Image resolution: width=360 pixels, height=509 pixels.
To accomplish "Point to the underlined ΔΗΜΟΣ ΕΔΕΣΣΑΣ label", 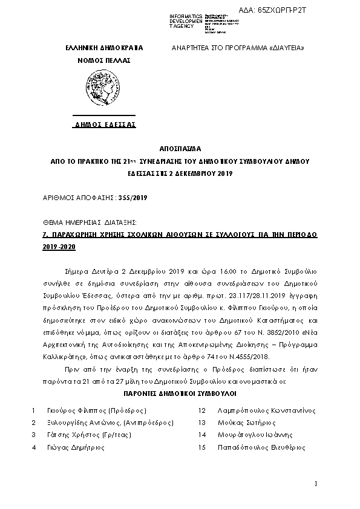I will click(x=105, y=125).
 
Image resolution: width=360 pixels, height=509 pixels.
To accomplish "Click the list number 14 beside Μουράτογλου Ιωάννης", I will click(x=202, y=435).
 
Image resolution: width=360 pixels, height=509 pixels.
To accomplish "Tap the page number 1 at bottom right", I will click(x=316, y=484).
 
